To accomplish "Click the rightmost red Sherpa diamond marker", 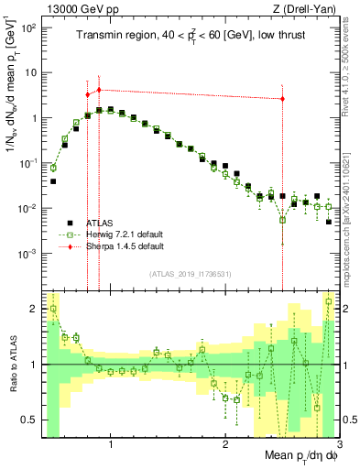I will point(282,99).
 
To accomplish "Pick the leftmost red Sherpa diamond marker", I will point(88,94).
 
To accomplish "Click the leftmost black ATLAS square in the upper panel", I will point(53,181).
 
